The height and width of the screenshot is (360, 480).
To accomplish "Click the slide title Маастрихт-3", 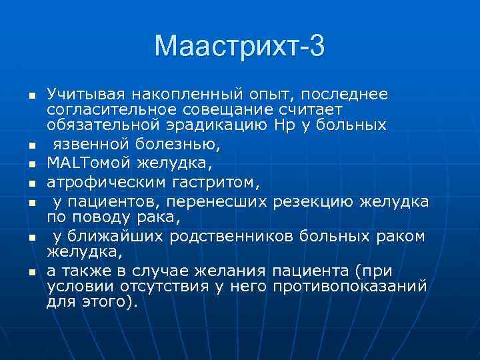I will [x=239, y=46].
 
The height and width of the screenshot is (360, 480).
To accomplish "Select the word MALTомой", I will [x=85, y=161].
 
